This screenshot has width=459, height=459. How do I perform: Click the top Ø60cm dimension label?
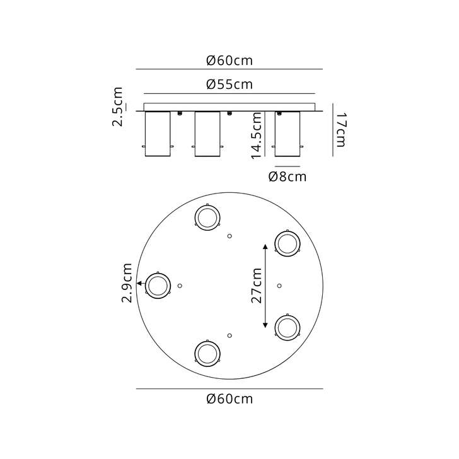tap(229, 61)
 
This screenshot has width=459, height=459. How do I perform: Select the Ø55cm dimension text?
tap(229, 84)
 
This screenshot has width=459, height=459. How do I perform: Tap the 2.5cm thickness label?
tap(118, 108)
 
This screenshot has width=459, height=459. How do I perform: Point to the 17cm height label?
tap(340, 129)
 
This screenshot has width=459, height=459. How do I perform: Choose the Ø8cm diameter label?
tap(287, 177)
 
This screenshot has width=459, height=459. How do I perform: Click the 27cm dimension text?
tap(256, 286)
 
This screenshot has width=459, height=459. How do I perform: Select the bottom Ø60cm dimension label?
tap(229, 398)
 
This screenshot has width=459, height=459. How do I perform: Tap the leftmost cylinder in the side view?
tap(158, 134)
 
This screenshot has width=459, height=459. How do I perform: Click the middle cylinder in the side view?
tap(207, 134)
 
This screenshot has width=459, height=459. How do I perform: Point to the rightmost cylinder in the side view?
tap(288, 134)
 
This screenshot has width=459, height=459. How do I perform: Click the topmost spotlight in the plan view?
tap(207, 218)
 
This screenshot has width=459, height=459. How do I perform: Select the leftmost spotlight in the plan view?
tap(158, 286)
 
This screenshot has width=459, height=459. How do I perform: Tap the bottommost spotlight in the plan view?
tap(207, 353)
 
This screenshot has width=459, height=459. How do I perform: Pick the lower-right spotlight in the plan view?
tap(288, 326)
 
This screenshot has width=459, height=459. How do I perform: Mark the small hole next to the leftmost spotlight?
tap(180, 286)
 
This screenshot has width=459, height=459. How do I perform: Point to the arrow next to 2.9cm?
tap(140, 286)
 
